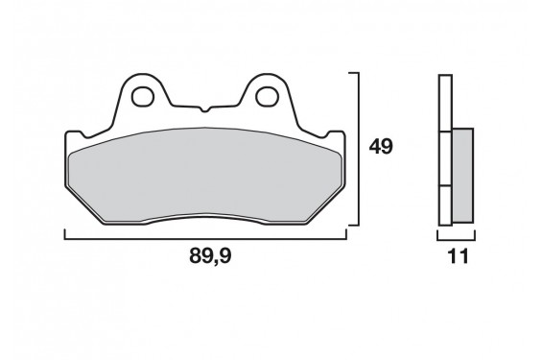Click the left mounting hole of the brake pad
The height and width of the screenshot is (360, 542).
(x=145, y=96)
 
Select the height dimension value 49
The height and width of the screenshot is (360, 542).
(x=382, y=147)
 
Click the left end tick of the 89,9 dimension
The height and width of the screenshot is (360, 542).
(x=64, y=232)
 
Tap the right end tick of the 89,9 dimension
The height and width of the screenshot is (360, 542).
(x=345, y=232)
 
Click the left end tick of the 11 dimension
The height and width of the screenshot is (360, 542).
(x=437, y=232)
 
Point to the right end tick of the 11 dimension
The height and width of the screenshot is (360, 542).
(x=474, y=232)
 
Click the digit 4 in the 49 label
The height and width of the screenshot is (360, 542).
(x=375, y=147)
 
